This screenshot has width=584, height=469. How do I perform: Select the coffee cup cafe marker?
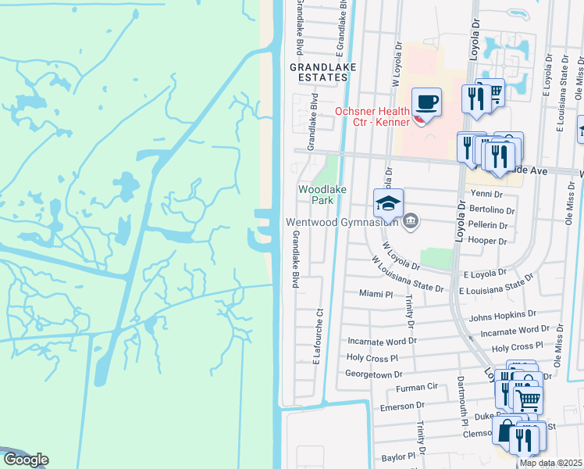click(x=426, y=102)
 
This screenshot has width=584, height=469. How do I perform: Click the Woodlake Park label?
click(x=316, y=195)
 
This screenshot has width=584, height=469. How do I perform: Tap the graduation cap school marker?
click(x=388, y=204)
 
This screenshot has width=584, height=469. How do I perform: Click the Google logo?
click(x=26, y=460)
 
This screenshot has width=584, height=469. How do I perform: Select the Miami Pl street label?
click(x=376, y=293)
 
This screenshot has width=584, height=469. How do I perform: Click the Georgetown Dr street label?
click(x=374, y=374)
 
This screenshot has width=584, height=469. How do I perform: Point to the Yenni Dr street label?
click(x=485, y=193)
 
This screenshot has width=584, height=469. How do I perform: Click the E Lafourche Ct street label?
click(x=318, y=336)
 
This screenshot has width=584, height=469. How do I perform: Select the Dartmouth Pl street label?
click(x=461, y=399)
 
